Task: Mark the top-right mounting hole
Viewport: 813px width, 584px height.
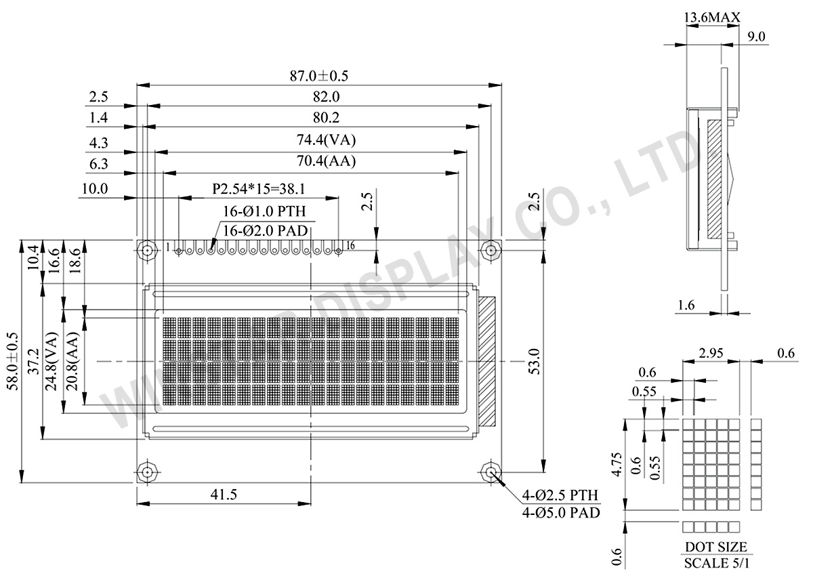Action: tap(491, 250)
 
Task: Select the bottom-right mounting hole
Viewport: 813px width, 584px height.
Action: tap(491, 472)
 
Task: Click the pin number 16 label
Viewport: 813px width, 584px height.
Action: tap(350, 245)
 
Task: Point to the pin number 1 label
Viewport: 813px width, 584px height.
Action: tap(167, 248)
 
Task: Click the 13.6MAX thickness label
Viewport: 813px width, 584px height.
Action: tap(711, 17)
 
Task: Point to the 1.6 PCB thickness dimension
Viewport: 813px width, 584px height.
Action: tap(686, 306)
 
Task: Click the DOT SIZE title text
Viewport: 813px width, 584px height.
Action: tap(715, 547)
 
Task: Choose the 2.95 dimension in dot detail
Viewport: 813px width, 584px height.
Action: tap(711, 354)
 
